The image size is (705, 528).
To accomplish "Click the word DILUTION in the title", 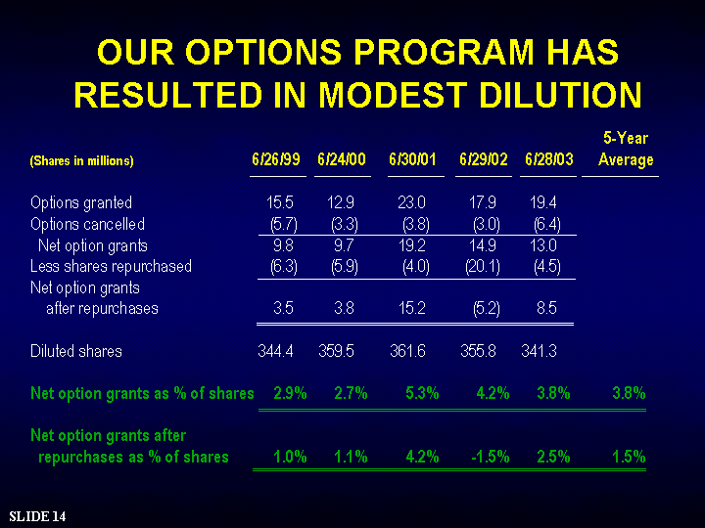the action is coord(560,95).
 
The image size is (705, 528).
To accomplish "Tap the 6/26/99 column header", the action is coord(276,159).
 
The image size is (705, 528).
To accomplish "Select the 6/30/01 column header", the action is coord(413,159).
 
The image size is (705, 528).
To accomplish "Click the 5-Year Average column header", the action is coord(626,149).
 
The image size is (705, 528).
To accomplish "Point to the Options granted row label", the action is coord(81,202).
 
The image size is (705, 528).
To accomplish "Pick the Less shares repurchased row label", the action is coord(111,266).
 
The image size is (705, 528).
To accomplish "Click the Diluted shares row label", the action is coord(76,351).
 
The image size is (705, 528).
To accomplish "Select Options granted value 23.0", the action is coord(411,202).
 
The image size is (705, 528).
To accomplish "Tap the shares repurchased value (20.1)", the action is coord(483,267).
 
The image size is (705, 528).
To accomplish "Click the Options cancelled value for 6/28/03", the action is coord(547,224).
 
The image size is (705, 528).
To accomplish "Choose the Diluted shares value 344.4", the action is coord(275,351).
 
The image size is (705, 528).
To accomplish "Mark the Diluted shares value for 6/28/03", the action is coord(540,351).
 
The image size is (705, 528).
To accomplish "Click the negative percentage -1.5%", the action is coord(491,457).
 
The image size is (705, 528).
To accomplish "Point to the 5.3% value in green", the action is coord(422,393).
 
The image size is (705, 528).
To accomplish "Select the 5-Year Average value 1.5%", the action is coord(629,457).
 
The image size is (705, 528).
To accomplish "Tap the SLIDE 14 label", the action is coord(37,516).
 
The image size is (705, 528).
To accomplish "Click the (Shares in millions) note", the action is coord(82,160).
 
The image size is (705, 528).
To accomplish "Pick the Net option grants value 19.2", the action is coord(412,245).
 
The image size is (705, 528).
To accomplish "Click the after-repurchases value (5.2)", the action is coord(487,308).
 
